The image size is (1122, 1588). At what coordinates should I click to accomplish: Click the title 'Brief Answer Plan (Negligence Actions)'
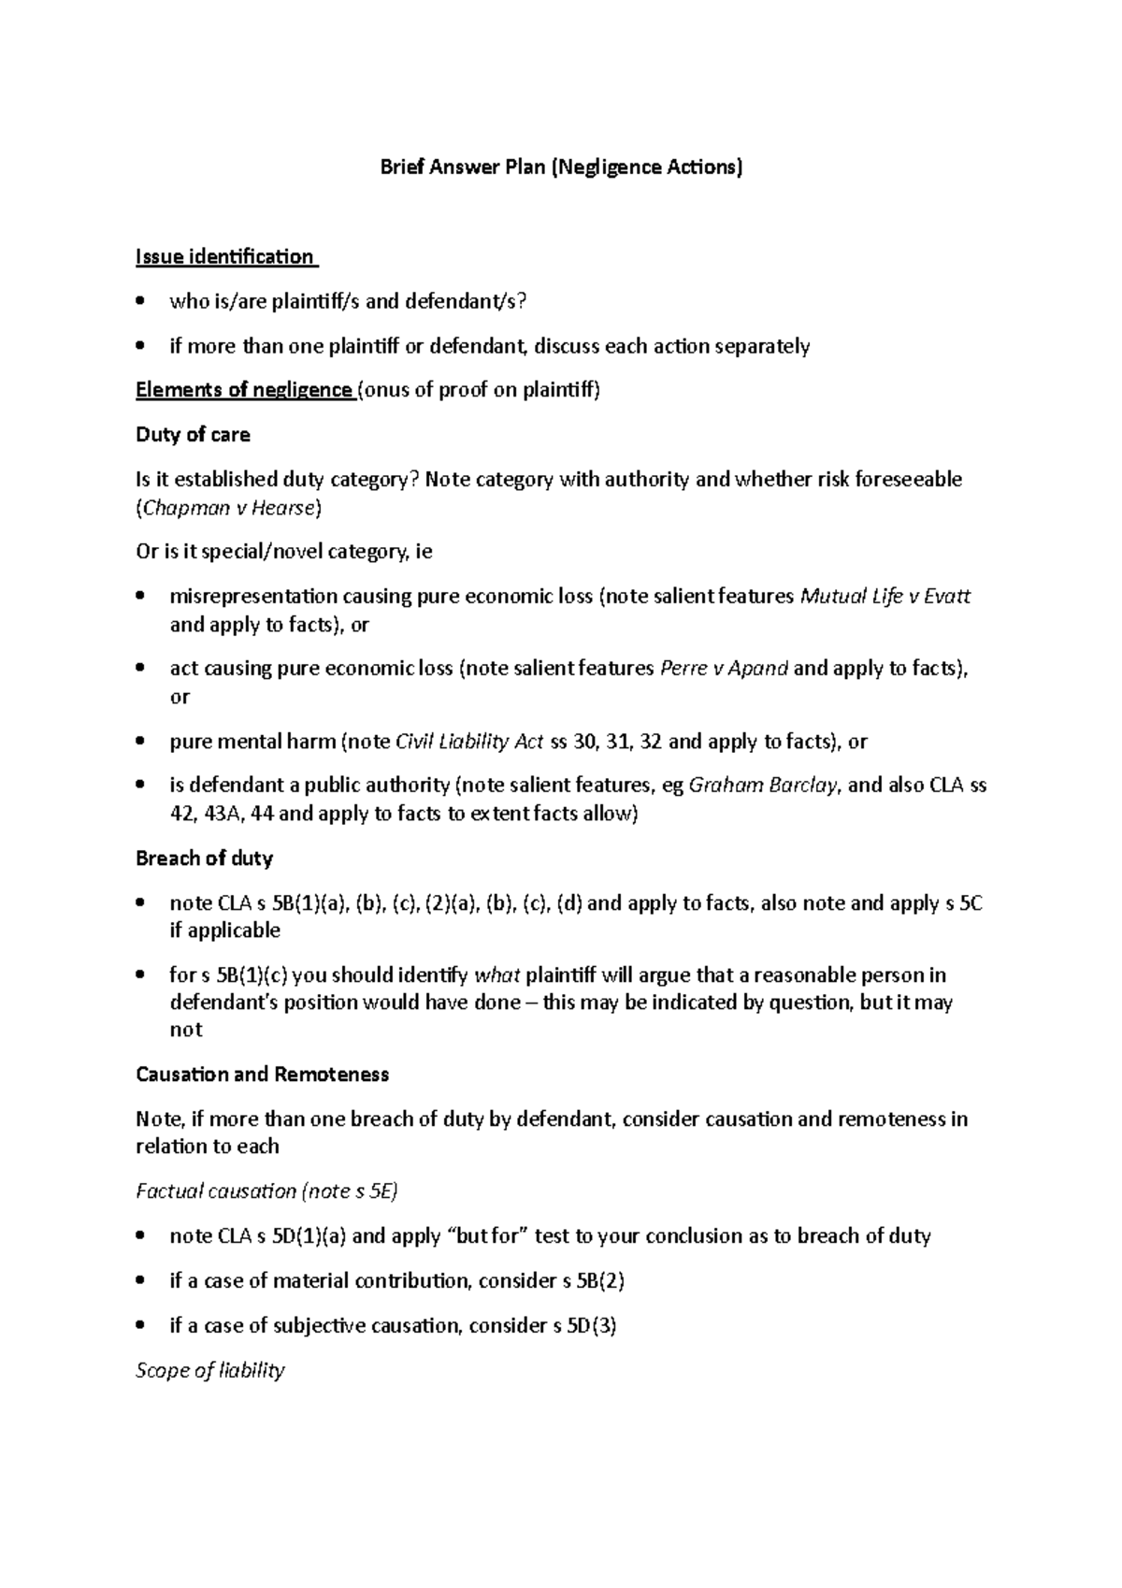pos(560,167)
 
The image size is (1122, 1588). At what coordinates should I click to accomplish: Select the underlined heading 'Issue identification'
pos(224,256)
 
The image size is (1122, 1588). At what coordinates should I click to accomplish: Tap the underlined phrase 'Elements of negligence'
pos(244,390)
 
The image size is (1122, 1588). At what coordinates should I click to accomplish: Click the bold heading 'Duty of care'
pos(193,435)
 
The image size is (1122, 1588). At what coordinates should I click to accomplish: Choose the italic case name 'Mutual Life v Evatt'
pos(886,597)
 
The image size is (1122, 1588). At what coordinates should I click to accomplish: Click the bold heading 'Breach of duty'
pos(204,858)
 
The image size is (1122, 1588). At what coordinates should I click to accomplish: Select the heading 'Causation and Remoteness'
pos(262,1075)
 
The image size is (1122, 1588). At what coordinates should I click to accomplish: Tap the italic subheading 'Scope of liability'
pos(210,1371)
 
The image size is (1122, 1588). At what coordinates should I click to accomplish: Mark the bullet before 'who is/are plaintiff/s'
pos(141,301)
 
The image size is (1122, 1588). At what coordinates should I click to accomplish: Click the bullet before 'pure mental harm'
pos(141,742)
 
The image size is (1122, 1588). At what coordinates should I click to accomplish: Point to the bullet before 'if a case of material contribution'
pos(141,1281)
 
